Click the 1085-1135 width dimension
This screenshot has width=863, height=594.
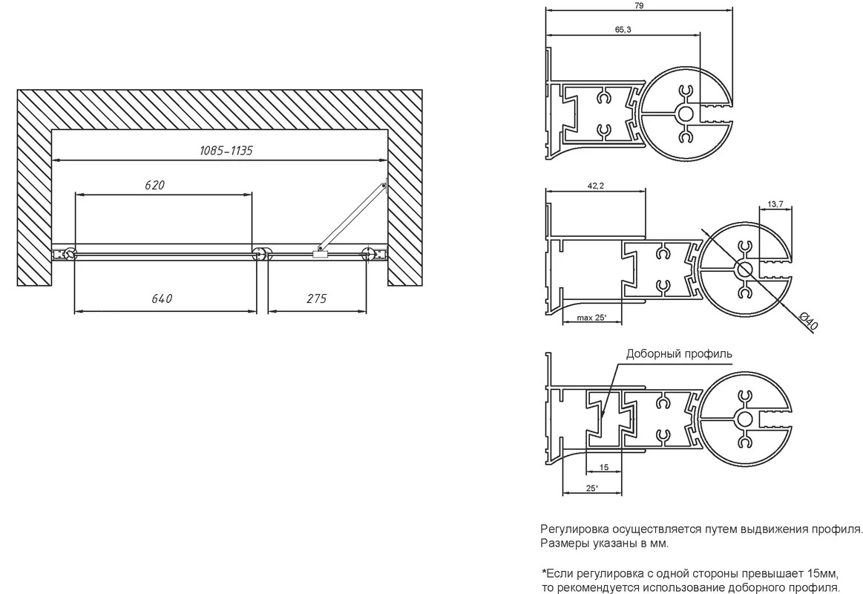click(226, 150)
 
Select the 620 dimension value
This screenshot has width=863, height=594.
click(154, 185)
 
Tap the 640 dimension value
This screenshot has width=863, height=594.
click(162, 298)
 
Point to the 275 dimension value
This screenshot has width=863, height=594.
click(316, 298)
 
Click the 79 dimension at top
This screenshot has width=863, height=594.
click(639, 5)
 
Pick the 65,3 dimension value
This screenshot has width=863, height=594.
click(623, 30)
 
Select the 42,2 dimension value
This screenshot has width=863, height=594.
click(596, 186)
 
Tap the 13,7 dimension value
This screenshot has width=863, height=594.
click(775, 204)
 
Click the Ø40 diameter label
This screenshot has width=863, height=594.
click(808, 322)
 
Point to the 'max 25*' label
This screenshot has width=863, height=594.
click(591, 318)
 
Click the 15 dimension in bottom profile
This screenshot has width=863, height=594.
click(604, 467)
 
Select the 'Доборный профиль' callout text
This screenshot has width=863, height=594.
click(679, 354)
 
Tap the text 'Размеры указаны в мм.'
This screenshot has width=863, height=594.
click(605, 544)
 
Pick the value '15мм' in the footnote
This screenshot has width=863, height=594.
click(821, 572)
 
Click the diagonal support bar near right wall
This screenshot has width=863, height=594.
click(352, 216)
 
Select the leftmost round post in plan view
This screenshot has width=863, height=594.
click(70, 254)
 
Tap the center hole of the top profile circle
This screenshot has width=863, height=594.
click(686, 114)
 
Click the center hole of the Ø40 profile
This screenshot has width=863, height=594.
click(745, 270)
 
